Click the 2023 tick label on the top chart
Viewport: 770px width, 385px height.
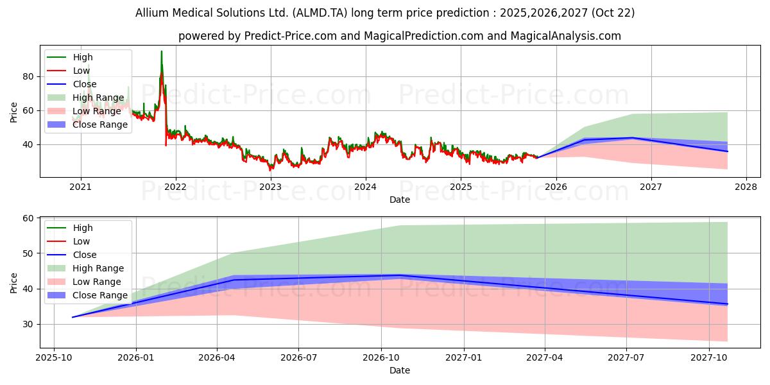270,187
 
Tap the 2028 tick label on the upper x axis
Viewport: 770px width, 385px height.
746,187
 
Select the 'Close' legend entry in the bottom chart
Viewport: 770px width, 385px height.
85,255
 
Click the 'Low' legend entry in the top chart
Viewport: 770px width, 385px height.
81,71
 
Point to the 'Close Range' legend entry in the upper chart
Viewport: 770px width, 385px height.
100,124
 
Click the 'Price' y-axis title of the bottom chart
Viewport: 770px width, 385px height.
14,282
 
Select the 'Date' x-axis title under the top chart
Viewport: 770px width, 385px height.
400,200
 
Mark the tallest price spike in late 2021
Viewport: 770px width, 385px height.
162,51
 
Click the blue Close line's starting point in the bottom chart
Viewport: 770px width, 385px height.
73,317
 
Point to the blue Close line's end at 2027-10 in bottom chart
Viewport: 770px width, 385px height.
728,304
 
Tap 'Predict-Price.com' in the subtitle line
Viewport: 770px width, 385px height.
291,36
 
